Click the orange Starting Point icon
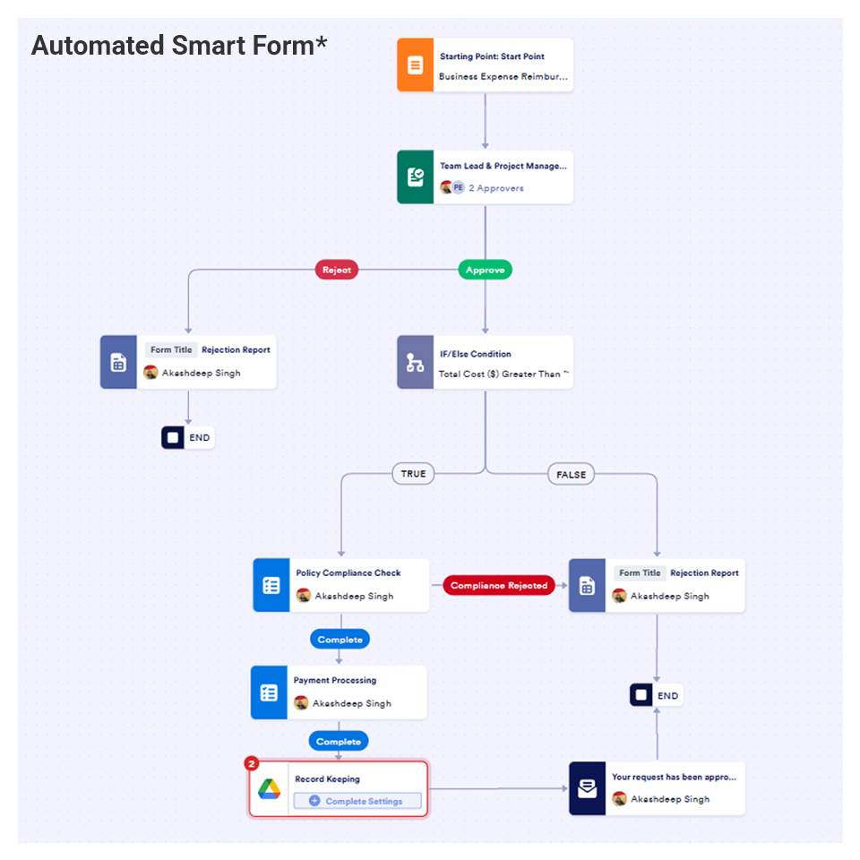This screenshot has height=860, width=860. coord(415,65)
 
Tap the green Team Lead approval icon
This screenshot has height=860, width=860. coord(415,176)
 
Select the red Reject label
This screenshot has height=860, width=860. coord(337,270)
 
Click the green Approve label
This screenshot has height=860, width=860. coord(485,270)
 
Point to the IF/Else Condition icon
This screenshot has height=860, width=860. coord(415,362)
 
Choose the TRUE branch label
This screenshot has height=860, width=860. coord(413,474)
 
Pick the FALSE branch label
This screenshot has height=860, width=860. coord(571,475)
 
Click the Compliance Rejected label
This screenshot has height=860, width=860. coord(499,586)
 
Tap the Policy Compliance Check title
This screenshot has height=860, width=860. coord(348,573)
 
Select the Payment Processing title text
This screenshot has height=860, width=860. coord(335,681)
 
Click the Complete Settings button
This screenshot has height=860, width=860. coord(357,801)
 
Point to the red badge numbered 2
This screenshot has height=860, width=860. coord(252,763)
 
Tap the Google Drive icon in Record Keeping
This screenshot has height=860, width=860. coord(270,789)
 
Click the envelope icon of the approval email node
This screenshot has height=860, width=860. coord(587,789)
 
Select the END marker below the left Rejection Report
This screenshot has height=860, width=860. coord(187,438)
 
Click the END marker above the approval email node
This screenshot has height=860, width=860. coord(656,695)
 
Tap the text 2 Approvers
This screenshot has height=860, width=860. coord(495,188)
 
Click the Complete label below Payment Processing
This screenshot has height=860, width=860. coord(339,742)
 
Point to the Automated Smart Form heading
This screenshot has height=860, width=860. coord(179,46)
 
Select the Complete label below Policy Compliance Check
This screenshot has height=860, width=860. coord(340,640)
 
